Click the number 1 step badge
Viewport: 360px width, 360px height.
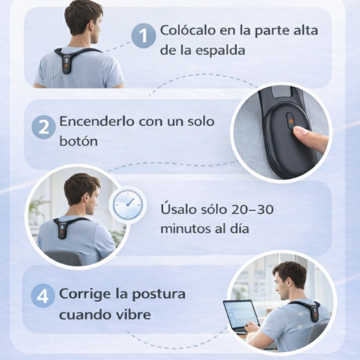pyautogui.click(x=143, y=36)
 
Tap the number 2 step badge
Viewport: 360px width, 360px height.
pyautogui.click(x=44, y=127)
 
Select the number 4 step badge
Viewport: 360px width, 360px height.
pyautogui.click(x=43, y=296)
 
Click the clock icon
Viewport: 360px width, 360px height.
pyautogui.click(x=127, y=204)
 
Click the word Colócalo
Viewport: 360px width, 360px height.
pyautogui.click(x=188, y=30)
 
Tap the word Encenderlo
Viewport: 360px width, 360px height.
pyautogui.click(x=96, y=121)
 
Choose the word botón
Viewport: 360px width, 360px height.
pyautogui.click(x=78, y=141)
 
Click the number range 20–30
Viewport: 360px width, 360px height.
pyautogui.click(x=253, y=209)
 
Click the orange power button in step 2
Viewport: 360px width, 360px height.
pyautogui.click(x=290, y=121)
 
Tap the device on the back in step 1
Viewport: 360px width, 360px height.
pyautogui.click(x=66, y=63)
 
